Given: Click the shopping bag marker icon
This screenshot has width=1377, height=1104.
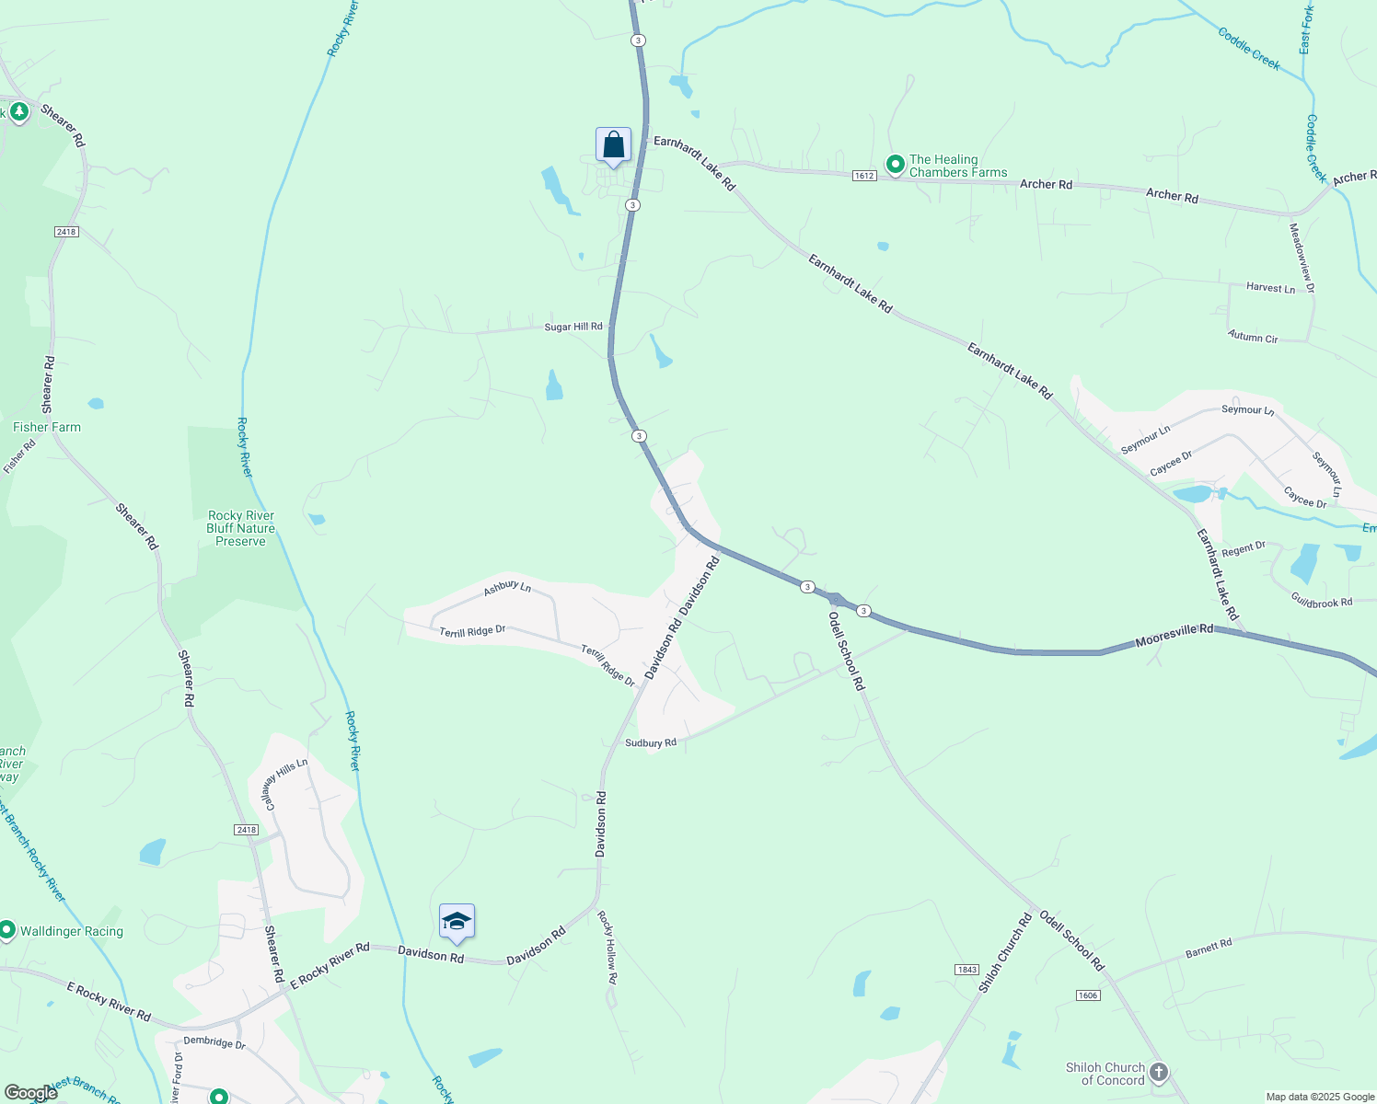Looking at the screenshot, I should click(613, 145).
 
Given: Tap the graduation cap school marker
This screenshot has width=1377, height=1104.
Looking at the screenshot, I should click(457, 921).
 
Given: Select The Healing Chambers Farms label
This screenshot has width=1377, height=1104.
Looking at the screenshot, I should click(957, 166).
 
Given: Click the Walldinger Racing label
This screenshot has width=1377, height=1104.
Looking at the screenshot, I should click(71, 931).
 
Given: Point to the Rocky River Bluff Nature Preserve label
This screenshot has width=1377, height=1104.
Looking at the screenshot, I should click(240, 528).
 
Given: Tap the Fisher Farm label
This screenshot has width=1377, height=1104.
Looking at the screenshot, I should click(47, 427).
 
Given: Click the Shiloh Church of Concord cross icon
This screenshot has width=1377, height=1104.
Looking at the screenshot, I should click(1159, 1072).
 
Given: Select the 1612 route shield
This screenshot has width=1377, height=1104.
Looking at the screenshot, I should click(863, 176).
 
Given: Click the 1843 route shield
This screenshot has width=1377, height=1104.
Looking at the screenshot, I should click(966, 970).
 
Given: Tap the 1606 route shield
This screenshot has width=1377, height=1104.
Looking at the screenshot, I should click(1087, 995).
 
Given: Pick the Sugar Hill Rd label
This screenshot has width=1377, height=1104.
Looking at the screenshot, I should click(573, 327).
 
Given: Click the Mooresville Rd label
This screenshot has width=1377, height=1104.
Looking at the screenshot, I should click(1174, 635).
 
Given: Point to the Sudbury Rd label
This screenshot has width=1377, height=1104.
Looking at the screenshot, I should click(651, 742).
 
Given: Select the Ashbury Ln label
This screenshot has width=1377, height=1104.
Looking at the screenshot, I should click(507, 586).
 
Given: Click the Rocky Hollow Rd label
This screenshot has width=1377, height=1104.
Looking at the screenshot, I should click(607, 948).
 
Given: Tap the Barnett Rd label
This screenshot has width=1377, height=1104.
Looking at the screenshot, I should click(1209, 948).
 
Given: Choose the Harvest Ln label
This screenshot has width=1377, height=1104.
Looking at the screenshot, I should click(1270, 288).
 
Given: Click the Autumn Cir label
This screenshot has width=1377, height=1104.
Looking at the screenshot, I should click(1253, 338).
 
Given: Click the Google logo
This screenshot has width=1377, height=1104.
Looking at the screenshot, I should click(31, 1092).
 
